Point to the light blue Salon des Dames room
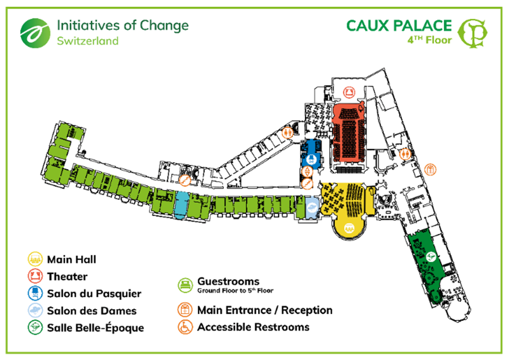click(311, 208)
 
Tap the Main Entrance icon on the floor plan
click(431, 169)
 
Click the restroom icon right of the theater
click(406, 152)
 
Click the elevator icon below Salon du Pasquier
click(307, 184)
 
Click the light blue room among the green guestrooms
click(180, 205)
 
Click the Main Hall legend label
click(71, 259)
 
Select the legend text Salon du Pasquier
click(94, 293)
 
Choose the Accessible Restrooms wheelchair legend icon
click(184, 326)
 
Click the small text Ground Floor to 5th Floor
click(235, 291)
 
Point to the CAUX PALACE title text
click(398, 25)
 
